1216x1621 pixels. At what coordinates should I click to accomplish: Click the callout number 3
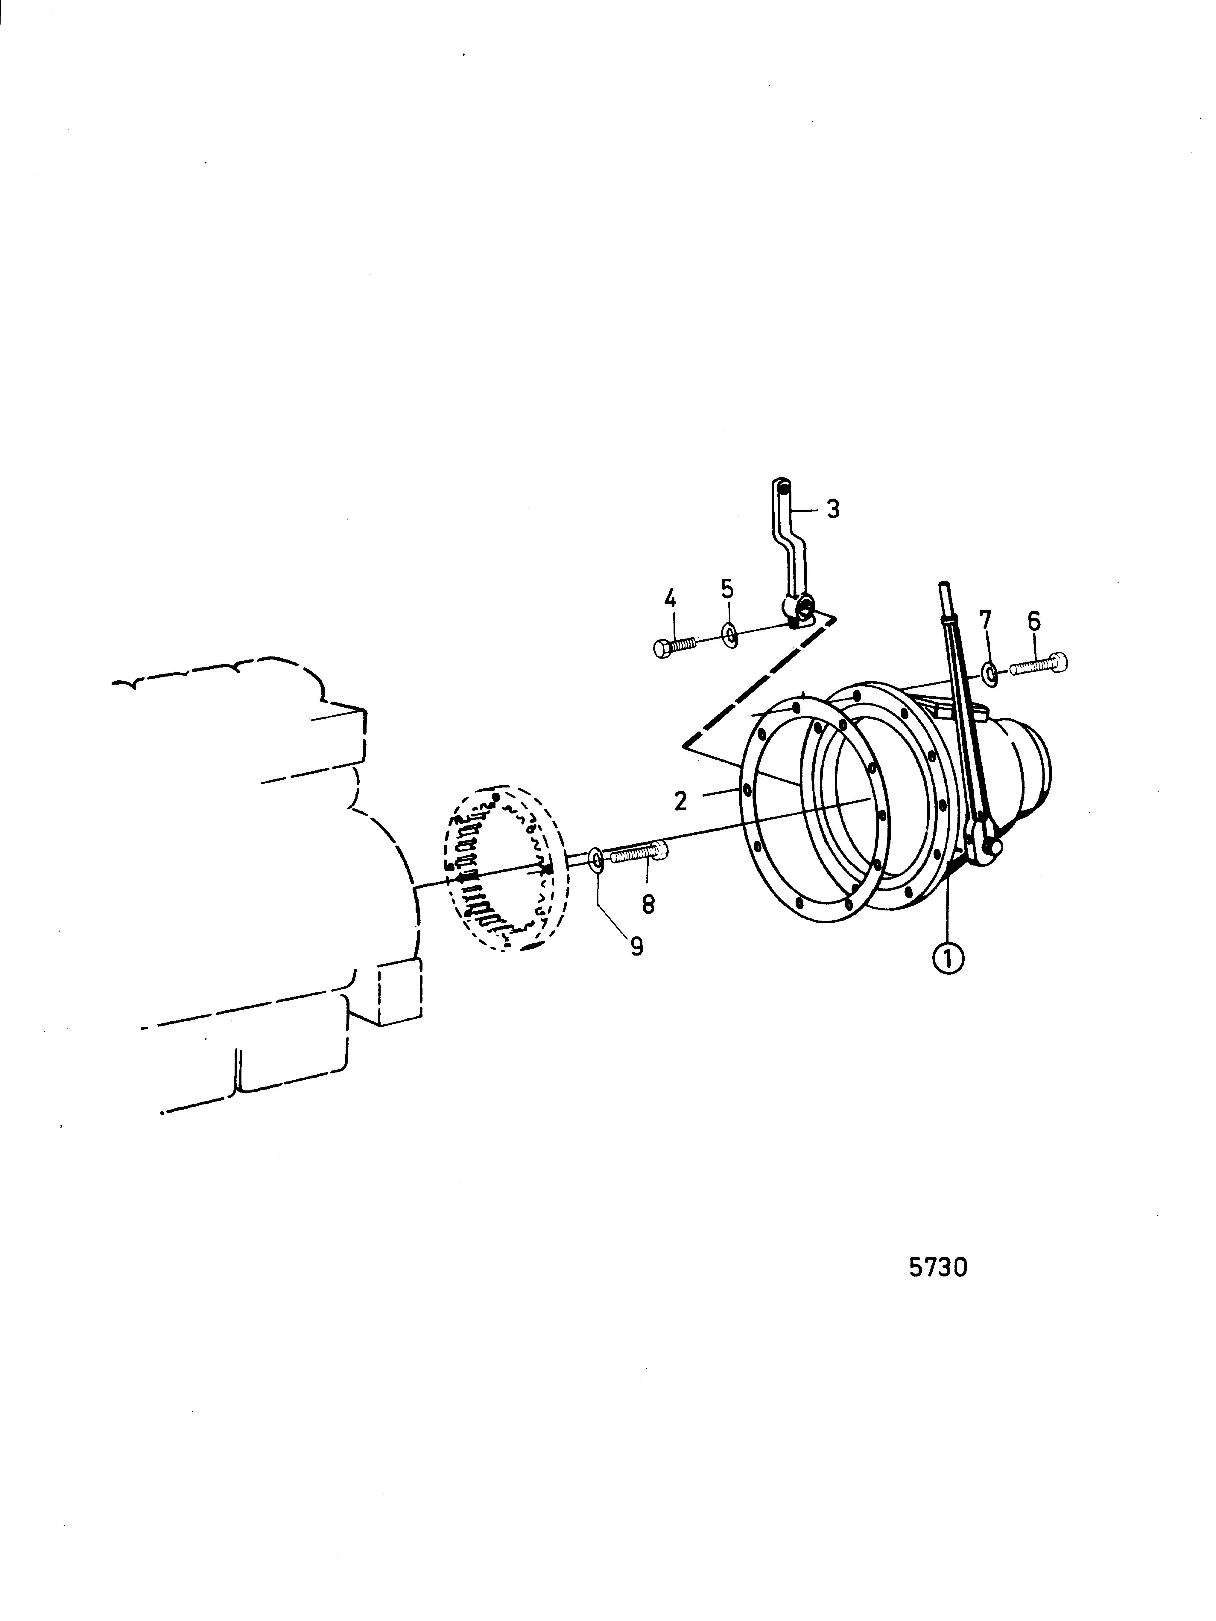[833, 508]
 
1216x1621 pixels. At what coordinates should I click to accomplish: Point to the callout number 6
[1033, 621]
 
